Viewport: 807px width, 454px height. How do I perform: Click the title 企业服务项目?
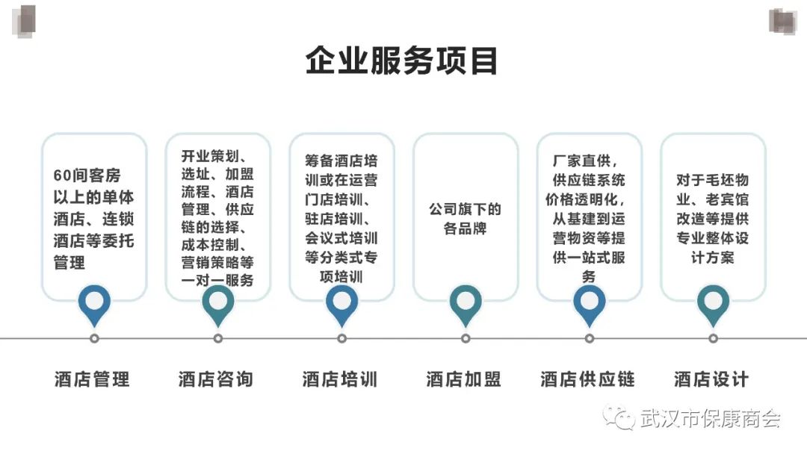tap(402, 61)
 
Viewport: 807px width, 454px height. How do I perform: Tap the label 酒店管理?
tap(92, 379)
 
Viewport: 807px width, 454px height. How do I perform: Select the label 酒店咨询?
tap(216, 379)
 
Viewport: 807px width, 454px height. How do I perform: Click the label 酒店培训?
tap(340, 379)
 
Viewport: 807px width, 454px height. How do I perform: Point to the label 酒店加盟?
tap(464, 379)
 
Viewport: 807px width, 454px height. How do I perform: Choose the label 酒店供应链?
tap(588, 379)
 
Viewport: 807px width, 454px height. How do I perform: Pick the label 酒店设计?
tap(711, 379)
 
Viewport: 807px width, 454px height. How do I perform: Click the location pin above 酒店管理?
tap(94, 303)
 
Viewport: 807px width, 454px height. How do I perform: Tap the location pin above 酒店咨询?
tap(218, 303)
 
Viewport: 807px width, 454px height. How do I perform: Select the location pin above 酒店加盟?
tap(466, 303)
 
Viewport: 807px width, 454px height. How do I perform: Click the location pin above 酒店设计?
tap(713, 303)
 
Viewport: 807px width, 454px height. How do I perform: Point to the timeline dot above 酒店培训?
tap(342, 338)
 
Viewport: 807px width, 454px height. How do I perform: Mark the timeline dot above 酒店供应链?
tap(590, 338)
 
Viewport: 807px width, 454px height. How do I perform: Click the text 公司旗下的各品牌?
tap(465, 219)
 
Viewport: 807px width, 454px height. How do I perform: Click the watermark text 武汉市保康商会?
tap(710, 419)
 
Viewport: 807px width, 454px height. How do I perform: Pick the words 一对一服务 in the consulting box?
tap(217, 281)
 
